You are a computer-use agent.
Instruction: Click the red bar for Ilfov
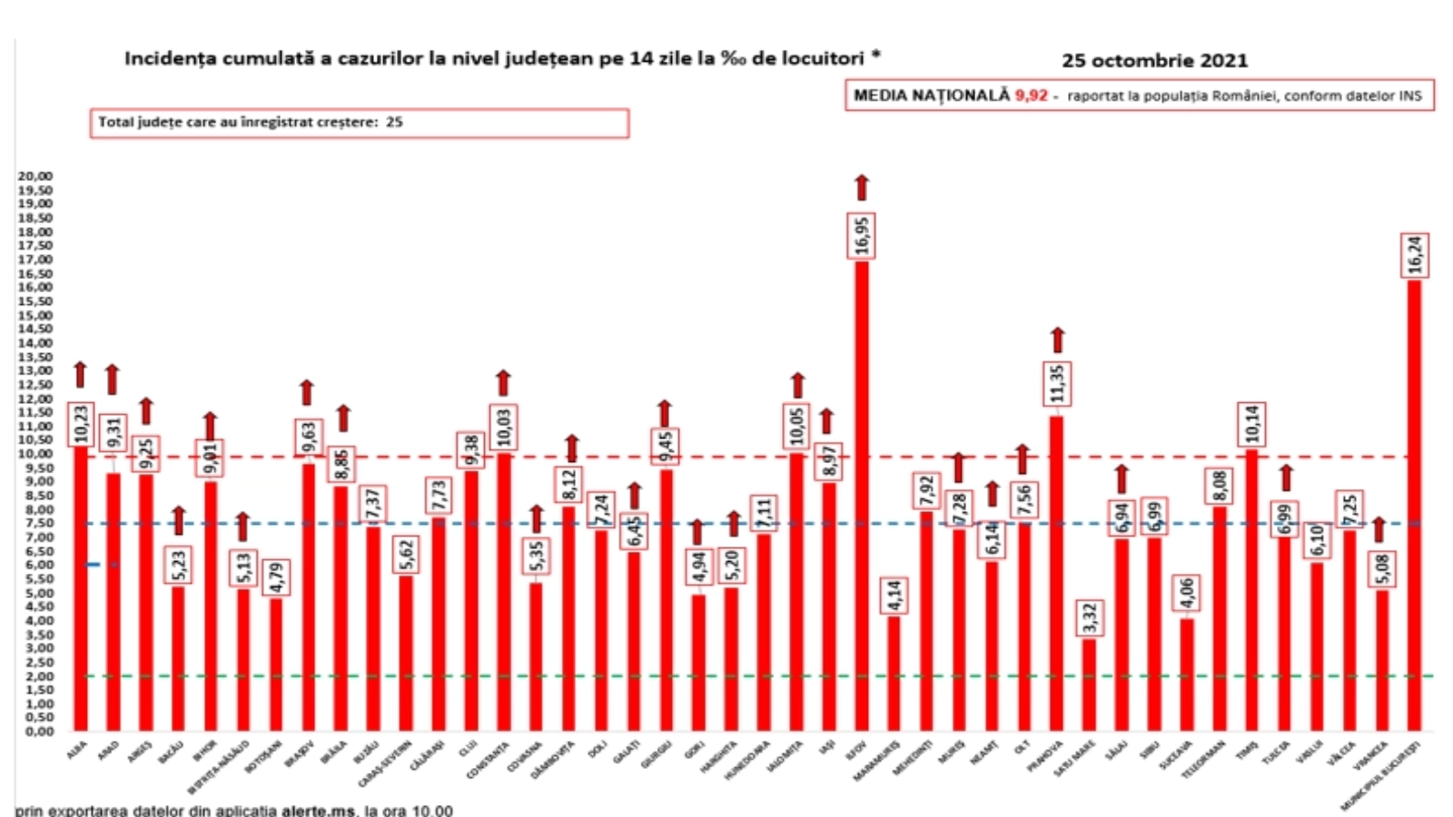coord(861,495)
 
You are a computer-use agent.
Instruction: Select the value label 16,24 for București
coord(1415,255)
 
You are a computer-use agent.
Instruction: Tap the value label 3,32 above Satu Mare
coord(1090,618)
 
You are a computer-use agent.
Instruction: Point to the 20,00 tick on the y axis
coord(35,176)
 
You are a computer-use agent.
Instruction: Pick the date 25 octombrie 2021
coord(1154,61)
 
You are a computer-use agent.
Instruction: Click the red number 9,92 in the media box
coord(1031,95)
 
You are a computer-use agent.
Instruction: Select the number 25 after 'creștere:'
coord(394,122)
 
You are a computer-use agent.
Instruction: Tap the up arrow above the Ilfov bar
coord(861,187)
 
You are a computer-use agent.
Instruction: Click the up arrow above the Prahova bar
coord(1057,340)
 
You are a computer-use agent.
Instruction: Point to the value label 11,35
coord(1057,384)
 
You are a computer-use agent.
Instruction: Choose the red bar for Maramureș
coord(895,673)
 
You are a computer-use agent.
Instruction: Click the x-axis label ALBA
coord(77,750)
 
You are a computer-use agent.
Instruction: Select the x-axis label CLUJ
coord(468,750)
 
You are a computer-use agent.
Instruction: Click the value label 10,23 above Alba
coord(81,424)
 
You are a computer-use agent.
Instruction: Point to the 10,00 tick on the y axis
coord(35,454)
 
